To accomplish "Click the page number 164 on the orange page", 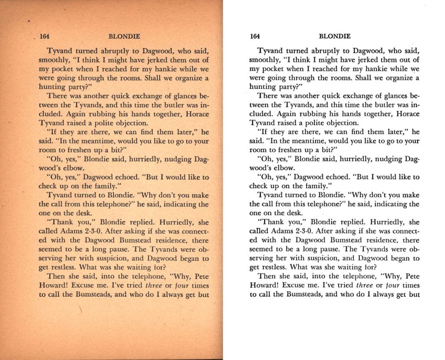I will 44,37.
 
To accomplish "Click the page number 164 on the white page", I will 255,37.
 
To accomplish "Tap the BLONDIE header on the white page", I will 335,37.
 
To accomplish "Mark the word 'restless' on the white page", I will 274,267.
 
